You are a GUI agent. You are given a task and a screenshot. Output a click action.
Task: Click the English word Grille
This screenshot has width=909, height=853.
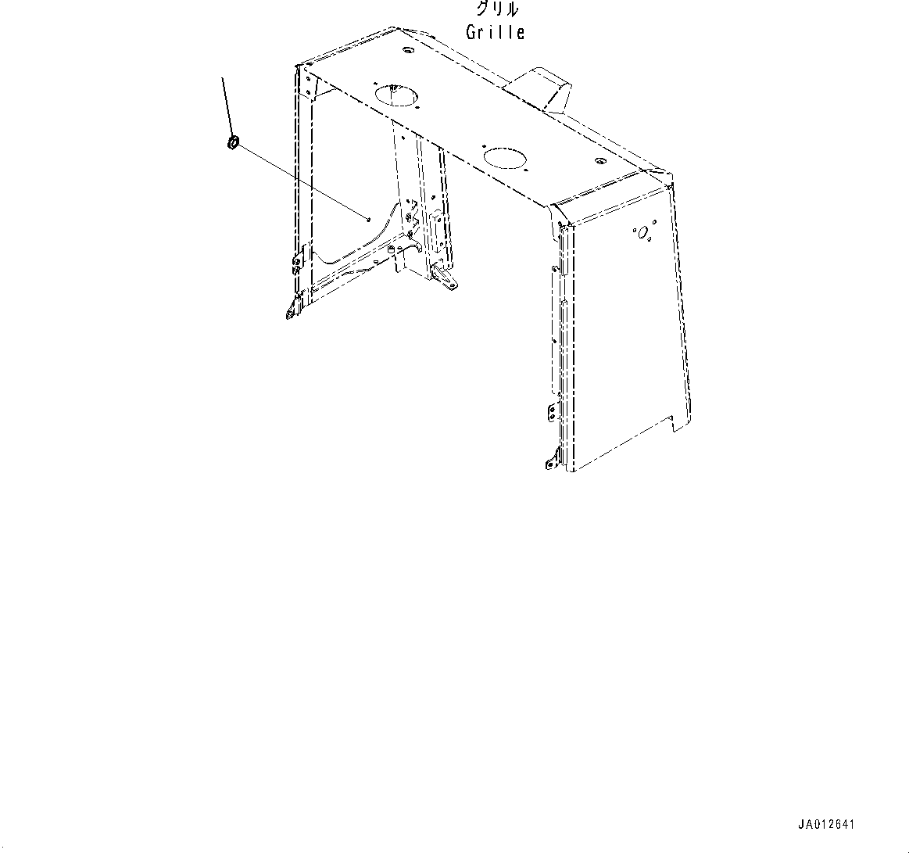pyautogui.click(x=496, y=32)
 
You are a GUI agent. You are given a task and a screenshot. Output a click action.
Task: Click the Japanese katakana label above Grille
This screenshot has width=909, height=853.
pyautogui.click(x=497, y=9)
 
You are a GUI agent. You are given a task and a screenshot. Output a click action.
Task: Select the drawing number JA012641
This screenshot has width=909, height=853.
pyautogui.click(x=825, y=825)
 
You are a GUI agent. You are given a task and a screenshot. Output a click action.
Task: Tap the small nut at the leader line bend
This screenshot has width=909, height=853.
pyautogui.click(x=234, y=142)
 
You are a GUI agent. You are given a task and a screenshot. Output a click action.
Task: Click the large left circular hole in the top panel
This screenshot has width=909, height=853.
pyautogui.click(x=397, y=95)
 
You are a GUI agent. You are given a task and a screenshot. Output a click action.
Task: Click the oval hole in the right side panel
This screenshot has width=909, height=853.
pyautogui.click(x=642, y=233)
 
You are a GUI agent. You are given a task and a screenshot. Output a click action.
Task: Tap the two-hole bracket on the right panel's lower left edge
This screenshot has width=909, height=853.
pyautogui.click(x=551, y=412)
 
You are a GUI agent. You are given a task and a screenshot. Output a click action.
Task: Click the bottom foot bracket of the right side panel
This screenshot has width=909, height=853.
pyautogui.click(x=551, y=461)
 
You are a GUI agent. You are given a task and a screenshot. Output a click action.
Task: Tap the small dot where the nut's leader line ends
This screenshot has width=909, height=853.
pyautogui.click(x=368, y=219)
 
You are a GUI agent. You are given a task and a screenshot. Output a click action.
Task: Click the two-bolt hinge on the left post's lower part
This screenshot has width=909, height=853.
pyautogui.click(x=297, y=260)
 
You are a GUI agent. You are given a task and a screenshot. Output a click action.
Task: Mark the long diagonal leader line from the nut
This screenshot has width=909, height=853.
pyautogui.click(x=302, y=181)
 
